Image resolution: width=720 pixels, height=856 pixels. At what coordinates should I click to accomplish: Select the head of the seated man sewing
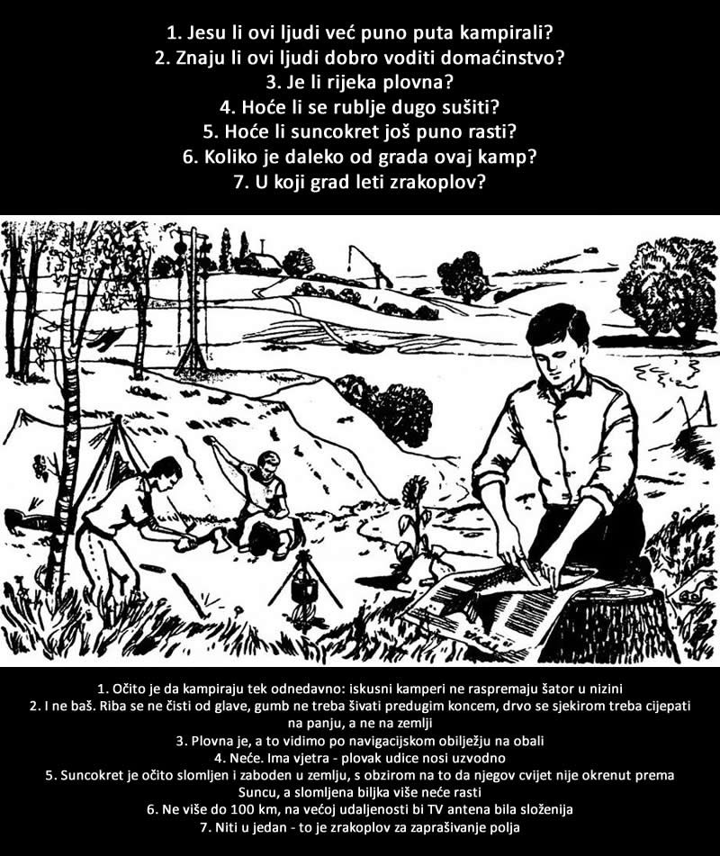(267, 464)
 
